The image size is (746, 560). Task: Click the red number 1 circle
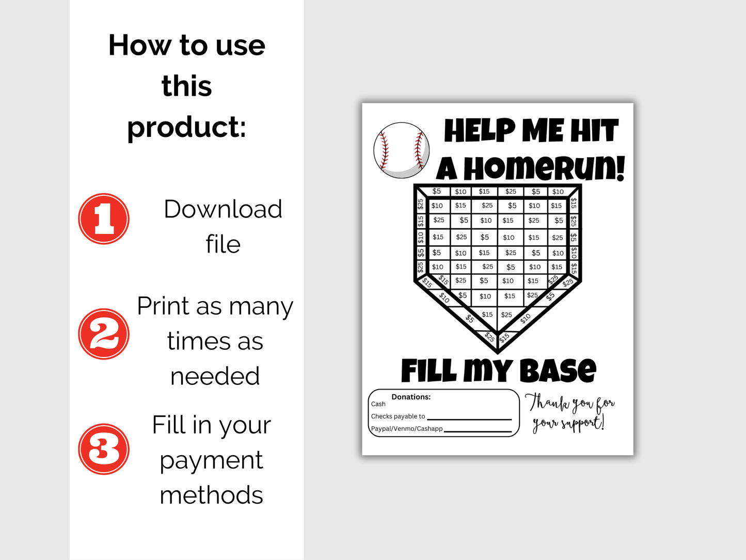click(x=104, y=219)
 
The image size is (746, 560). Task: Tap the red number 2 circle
click(x=104, y=334)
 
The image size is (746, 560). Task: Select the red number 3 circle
click(x=104, y=449)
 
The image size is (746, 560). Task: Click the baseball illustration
click(x=402, y=150)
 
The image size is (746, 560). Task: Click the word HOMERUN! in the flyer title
click(x=544, y=169)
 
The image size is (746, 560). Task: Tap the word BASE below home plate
click(x=558, y=371)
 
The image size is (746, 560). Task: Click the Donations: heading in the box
click(x=411, y=397)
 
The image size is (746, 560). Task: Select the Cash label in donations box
click(x=378, y=404)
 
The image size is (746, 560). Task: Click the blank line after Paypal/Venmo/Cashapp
click(x=478, y=430)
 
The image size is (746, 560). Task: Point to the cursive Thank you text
click(x=569, y=413)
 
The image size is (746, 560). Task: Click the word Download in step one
click(x=223, y=209)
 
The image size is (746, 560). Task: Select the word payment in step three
click(x=211, y=460)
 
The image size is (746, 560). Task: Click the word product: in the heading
click(x=187, y=127)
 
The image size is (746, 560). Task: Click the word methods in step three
click(x=211, y=495)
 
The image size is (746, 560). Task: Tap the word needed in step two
click(x=215, y=376)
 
